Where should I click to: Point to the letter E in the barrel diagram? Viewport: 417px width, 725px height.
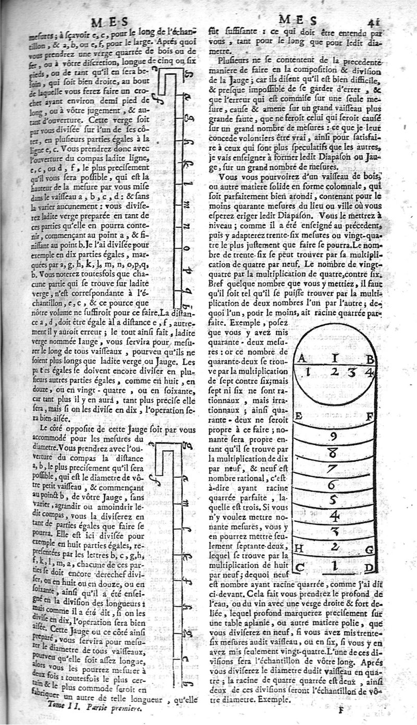[299, 416]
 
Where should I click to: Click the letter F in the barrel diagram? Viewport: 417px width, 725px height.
[370, 416]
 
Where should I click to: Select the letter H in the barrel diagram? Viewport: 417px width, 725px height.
[299, 548]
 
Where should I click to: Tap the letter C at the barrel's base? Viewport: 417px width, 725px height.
[299, 567]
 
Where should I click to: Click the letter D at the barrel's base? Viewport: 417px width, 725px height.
[369, 567]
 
